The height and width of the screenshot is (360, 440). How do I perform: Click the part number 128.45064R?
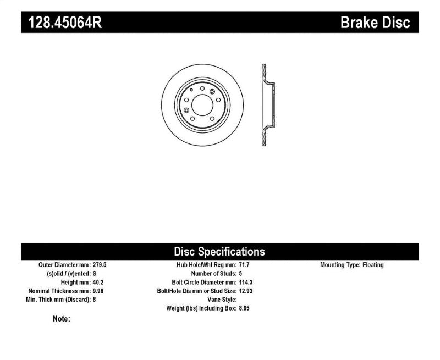pos(62,23)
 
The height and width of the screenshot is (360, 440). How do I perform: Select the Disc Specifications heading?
pos(219,252)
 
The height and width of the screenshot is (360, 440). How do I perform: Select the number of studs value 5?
pos(240,274)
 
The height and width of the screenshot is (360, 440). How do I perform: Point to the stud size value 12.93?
pos(246,291)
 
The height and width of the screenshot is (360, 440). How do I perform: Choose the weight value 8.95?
pos(245,308)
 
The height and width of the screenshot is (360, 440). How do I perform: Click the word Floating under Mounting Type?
pos(373,265)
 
